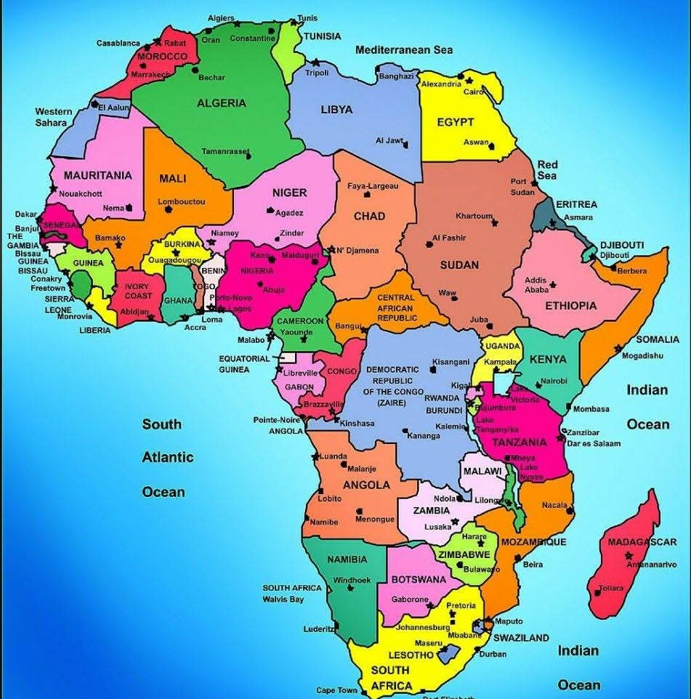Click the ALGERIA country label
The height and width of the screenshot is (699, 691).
(222, 103)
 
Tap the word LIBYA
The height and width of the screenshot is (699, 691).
(336, 110)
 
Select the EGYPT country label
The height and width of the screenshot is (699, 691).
(456, 122)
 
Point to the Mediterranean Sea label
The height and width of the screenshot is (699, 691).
(404, 50)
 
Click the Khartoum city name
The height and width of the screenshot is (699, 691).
(474, 216)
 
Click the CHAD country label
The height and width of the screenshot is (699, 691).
(369, 216)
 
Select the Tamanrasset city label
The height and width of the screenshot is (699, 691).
(225, 152)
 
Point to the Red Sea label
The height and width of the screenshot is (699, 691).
(547, 170)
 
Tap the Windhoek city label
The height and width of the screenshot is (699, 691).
(352, 581)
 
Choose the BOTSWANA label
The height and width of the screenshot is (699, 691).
(419, 580)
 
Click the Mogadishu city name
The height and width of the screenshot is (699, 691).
(642, 355)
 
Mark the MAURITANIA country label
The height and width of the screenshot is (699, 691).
(97, 175)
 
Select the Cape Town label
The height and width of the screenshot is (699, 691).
(336, 690)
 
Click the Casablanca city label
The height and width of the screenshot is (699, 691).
(118, 43)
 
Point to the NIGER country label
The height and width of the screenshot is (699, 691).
(289, 193)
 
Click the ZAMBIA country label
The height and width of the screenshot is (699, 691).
(431, 511)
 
